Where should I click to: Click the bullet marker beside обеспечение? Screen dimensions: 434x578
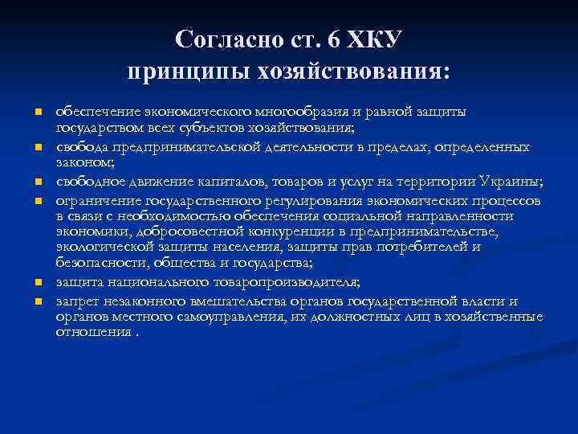pos(37,111)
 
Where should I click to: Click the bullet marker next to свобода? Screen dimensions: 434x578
pos(37,148)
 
